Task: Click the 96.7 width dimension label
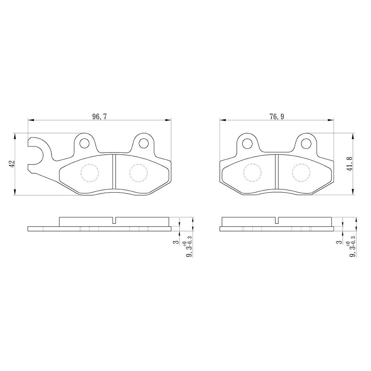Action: pyautogui.click(x=99, y=116)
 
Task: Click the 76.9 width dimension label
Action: pyautogui.click(x=277, y=116)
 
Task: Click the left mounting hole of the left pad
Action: pyautogui.click(x=85, y=143)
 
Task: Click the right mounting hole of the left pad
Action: pyautogui.click(x=144, y=143)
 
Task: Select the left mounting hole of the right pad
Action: pyautogui.click(x=247, y=143)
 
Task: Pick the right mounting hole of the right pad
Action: pyautogui.click(x=306, y=143)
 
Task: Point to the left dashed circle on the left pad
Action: pyautogui.click(x=90, y=173)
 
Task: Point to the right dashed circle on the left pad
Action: pyautogui.click(x=139, y=173)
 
